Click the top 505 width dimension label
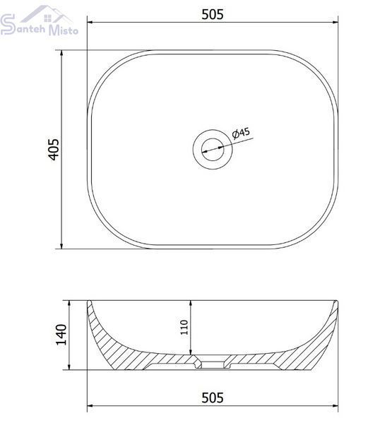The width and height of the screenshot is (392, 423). [213, 14]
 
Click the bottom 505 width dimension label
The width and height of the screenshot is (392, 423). [213, 398]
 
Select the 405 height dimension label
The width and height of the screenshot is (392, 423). [54, 150]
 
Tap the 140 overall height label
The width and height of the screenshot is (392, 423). [61, 335]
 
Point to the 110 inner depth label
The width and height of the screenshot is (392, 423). [184, 327]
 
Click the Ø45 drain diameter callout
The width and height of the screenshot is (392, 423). [241, 133]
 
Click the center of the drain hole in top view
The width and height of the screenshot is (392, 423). [213, 150]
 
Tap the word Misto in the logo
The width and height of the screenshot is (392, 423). [64, 30]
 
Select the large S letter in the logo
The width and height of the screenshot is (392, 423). [8, 24]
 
